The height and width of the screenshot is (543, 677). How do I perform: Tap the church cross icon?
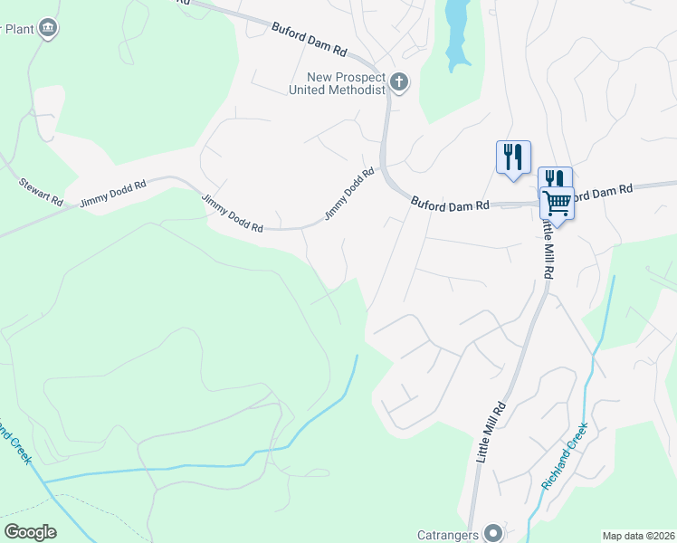click(398, 84)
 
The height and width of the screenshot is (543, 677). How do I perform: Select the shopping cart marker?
click(557, 203)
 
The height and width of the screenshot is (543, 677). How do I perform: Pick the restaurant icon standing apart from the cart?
click(513, 156)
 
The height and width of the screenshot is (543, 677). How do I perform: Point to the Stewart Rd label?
click(41, 190)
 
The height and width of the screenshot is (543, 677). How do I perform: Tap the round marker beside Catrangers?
click(492, 532)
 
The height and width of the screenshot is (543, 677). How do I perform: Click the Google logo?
click(30, 532)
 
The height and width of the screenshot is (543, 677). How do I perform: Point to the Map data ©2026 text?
click(638, 536)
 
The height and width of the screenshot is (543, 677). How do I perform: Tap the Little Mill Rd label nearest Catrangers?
click(489, 435)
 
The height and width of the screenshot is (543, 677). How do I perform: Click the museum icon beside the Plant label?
click(49, 29)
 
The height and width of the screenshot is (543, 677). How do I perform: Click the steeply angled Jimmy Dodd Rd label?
click(349, 195)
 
